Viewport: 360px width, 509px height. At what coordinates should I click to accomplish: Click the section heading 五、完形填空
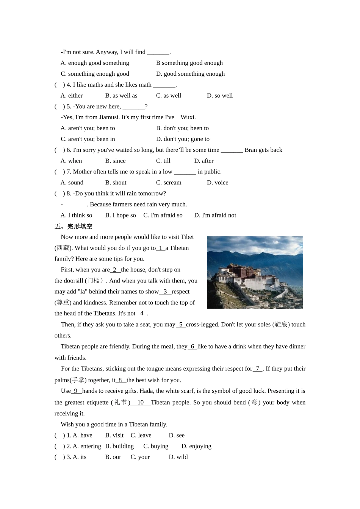pos(74,226)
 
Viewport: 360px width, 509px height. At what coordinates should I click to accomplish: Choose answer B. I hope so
pos(121,215)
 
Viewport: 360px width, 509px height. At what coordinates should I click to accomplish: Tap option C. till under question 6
pos(163,161)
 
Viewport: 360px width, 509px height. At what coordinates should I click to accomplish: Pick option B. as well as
pos(121,95)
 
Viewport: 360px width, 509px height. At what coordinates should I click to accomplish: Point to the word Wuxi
pos(188,117)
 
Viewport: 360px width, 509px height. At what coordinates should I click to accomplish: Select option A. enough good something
pos(95,63)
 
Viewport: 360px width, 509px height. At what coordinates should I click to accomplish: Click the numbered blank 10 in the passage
pos(140,402)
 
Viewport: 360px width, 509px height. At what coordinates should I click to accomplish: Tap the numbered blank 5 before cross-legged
pos(181,325)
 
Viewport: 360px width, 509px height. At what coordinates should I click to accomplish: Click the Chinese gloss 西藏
pos(63,248)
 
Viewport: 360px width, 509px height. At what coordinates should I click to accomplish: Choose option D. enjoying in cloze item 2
pos(196,446)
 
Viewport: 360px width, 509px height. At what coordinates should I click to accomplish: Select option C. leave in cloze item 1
pos(141,435)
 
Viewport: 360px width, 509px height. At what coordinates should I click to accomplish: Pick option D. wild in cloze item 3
pos(178,457)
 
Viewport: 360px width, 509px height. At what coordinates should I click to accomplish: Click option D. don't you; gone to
pos(183,139)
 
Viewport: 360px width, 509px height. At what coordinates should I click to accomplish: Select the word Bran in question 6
pos(250,150)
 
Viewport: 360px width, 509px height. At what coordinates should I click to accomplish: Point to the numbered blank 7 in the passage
pos(257,369)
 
